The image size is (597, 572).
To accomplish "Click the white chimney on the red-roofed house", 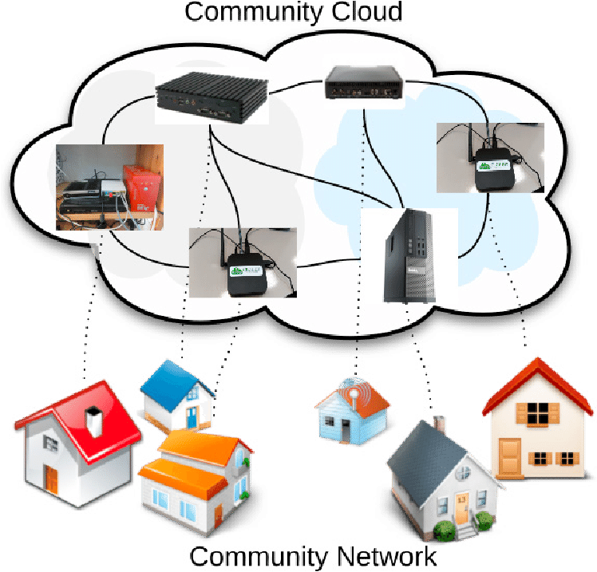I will (x=93, y=422).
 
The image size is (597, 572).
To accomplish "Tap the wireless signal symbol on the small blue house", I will (x=351, y=393).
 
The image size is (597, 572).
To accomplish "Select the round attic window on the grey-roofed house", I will (x=462, y=472).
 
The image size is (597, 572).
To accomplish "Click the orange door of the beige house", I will (x=509, y=456).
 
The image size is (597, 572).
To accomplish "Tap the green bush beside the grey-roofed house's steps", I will (x=444, y=529).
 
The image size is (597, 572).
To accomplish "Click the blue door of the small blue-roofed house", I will (x=192, y=417).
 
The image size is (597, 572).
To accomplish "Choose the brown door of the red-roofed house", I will (x=51, y=479).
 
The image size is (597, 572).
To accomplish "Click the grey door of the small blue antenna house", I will (x=345, y=430).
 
